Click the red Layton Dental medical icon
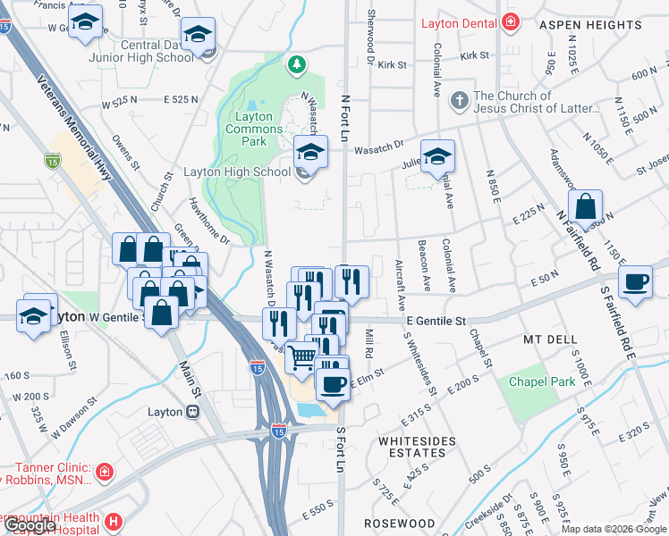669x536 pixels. [511, 22]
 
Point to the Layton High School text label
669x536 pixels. [237, 172]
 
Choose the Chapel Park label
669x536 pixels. [542, 381]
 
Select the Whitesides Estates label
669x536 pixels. [417, 447]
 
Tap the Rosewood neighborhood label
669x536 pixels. [399, 523]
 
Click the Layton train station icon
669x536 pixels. [192, 412]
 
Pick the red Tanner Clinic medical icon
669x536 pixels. [105, 471]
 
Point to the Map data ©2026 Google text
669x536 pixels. [614, 529]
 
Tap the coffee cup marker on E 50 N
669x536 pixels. [637, 281]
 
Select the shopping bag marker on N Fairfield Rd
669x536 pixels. [584, 207]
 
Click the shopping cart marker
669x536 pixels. [302, 357]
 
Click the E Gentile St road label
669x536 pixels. [436, 321]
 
